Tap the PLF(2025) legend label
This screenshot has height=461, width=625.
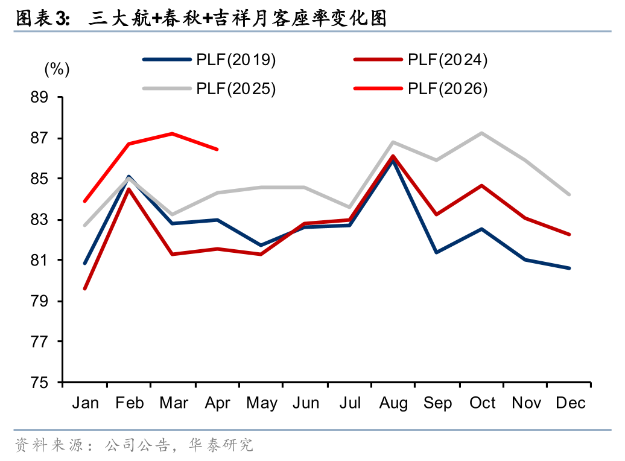[236, 89]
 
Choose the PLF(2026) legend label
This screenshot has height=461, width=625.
[448, 89]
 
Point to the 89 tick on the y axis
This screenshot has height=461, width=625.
[39, 97]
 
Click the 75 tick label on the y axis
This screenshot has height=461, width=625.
[39, 383]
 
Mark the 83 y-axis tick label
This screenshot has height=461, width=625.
[39, 220]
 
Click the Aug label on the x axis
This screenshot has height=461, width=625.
[393, 403]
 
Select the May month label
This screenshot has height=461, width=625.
[261, 403]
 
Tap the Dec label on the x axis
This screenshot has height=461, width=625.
[570, 403]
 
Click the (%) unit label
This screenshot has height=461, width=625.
[57, 69]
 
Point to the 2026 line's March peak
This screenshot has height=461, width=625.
[173, 133]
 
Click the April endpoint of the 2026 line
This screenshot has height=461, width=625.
[217, 149]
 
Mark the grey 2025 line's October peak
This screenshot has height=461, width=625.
[482, 133]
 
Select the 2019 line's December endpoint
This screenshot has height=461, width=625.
[569, 268]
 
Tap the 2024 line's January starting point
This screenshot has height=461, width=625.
[85, 288]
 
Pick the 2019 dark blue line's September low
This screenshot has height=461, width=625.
[437, 252]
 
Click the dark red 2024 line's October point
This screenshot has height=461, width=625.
[482, 185]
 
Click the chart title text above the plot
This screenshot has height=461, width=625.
[201, 18]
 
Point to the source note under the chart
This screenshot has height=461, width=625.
[134, 445]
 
